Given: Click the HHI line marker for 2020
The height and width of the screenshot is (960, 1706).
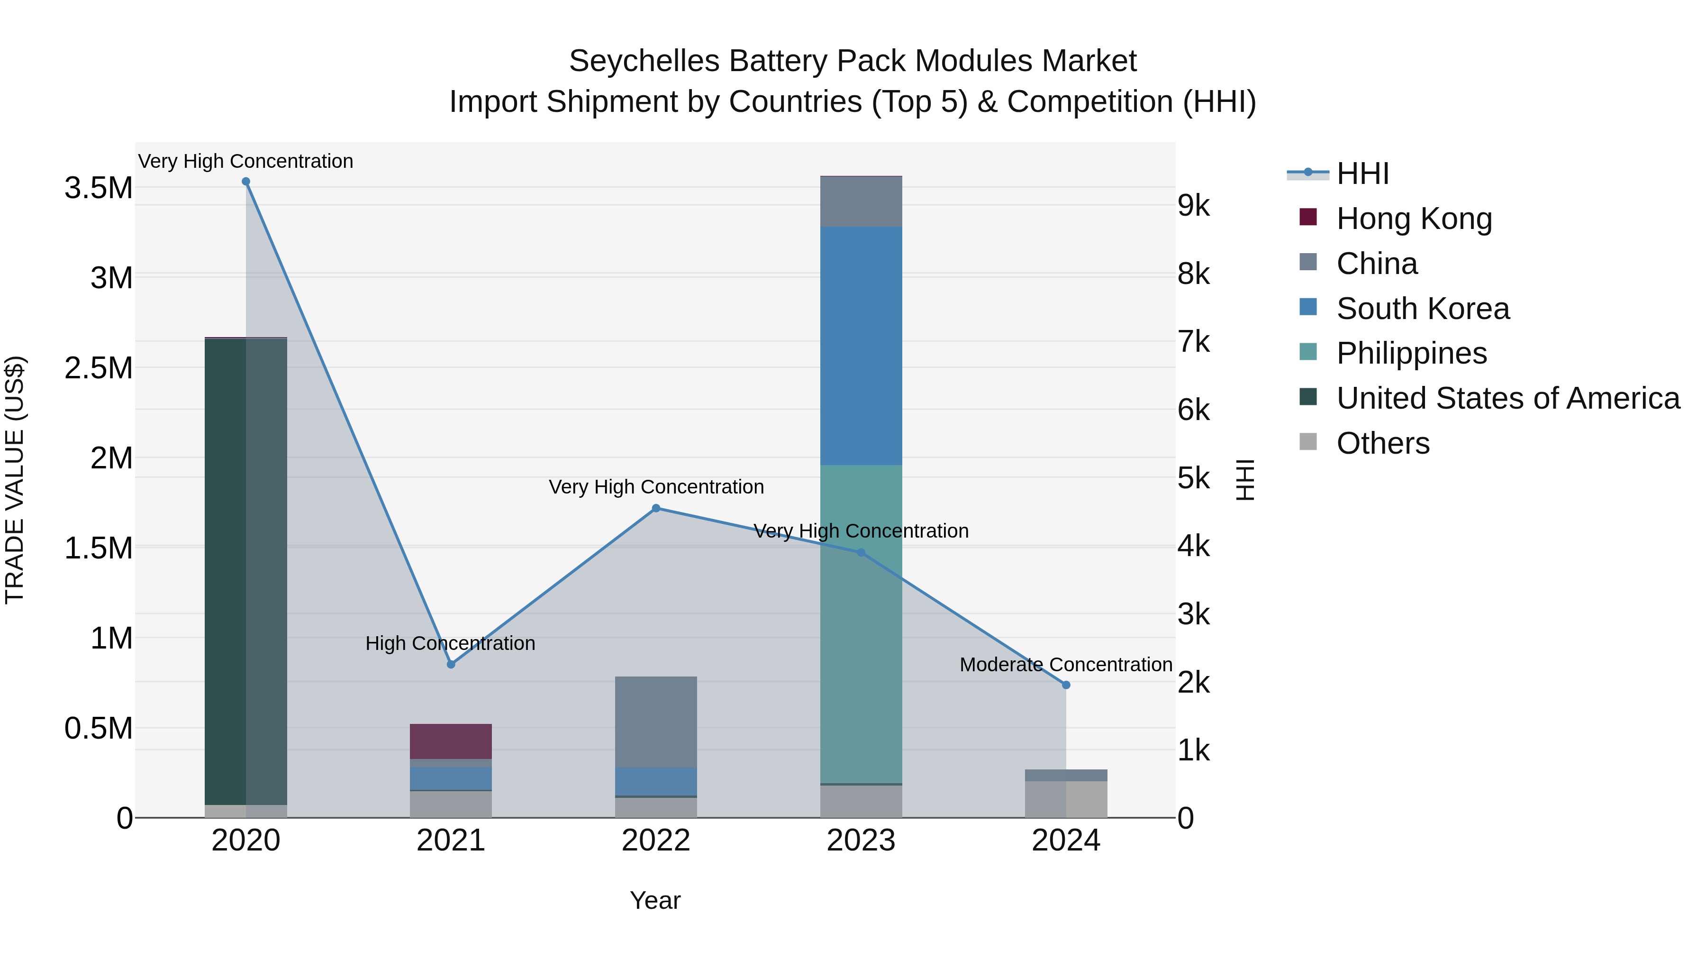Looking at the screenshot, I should (245, 182).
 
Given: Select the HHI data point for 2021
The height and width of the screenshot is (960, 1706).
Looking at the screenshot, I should (451, 664).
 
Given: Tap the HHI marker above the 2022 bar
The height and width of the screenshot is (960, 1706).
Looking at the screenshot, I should (656, 508).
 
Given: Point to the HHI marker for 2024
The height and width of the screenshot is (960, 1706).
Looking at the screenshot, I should (1066, 685).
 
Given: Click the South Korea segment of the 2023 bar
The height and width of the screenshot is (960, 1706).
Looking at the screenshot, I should (861, 346).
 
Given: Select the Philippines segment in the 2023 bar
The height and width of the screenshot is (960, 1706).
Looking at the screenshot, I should (861, 623).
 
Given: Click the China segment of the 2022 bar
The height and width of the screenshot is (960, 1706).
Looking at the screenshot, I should (656, 722).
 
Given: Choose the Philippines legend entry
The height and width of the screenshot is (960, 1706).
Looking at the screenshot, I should (1411, 353).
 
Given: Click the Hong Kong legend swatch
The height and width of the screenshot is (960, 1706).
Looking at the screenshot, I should (1308, 217).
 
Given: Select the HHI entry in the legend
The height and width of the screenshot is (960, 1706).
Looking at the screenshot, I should (1362, 174).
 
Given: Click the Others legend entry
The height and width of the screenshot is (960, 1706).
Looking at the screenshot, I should (1383, 443).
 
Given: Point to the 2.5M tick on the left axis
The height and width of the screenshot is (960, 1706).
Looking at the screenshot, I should (98, 368).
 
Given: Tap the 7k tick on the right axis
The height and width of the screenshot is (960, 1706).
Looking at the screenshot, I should (1193, 342).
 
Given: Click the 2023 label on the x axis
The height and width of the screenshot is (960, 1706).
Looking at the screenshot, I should (861, 841).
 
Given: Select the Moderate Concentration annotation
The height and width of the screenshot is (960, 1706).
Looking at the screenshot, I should (1066, 665).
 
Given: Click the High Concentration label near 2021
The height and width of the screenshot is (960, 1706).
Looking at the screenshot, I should (450, 643).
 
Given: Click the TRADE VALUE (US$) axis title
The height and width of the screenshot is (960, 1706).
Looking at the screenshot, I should (15, 480).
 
